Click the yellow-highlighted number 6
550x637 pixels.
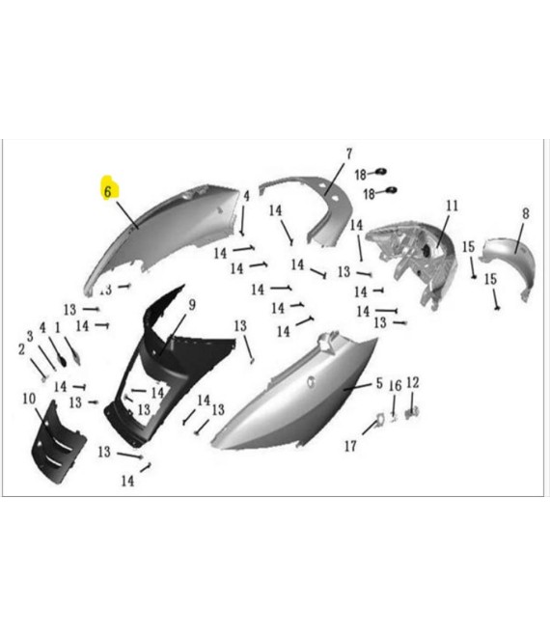[108, 191]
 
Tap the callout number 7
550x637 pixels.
[349, 154]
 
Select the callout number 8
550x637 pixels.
[526, 213]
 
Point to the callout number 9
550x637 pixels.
[192, 305]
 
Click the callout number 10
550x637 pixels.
[29, 399]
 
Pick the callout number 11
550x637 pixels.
[453, 206]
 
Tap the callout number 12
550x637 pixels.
[412, 382]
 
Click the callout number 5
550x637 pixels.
[379, 383]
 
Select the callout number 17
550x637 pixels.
[350, 446]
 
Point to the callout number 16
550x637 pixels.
[396, 385]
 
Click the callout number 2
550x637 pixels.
[21, 349]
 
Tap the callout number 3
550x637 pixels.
[30, 336]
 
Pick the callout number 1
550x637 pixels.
[57, 327]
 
